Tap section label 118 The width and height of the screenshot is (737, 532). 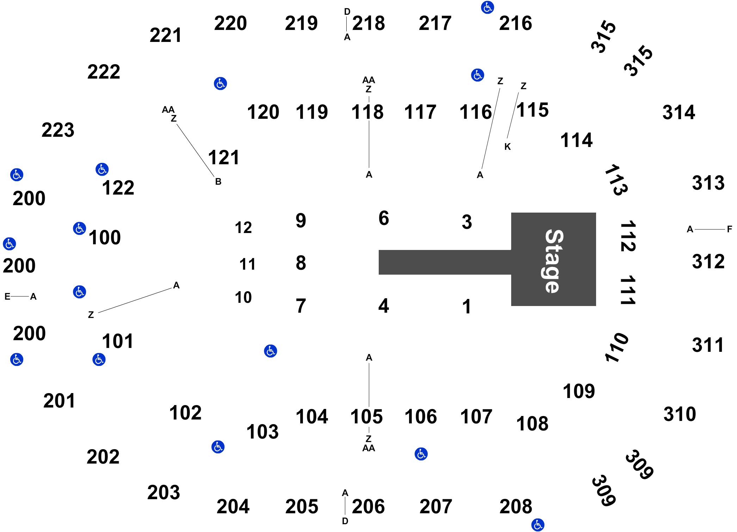(x=367, y=112)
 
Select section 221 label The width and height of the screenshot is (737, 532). (x=166, y=35)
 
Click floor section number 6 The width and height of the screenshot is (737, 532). (x=384, y=218)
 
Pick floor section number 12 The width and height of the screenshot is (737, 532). (x=243, y=228)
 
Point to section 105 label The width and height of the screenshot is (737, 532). (x=366, y=417)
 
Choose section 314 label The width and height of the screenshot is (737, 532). (x=679, y=112)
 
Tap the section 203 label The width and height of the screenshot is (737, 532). (x=163, y=492)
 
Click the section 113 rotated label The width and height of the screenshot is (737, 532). (x=616, y=180)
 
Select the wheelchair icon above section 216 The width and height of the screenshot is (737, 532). (x=488, y=7)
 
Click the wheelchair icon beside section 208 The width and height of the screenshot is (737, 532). (x=538, y=525)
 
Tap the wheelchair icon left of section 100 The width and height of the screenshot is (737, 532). (x=80, y=228)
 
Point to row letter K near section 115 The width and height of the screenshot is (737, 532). (x=507, y=147)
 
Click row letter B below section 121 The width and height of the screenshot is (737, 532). (x=218, y=182)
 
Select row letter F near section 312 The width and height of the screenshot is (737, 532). (x=729, y=229)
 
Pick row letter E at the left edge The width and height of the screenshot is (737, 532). (x=7, y=296)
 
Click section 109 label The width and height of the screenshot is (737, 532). (x=579, y=391)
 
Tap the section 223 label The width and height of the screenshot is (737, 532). (x=58, y=130)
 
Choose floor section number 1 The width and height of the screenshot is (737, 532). (x=467, y=306)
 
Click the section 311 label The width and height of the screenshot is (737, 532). (x=708, y=345)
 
